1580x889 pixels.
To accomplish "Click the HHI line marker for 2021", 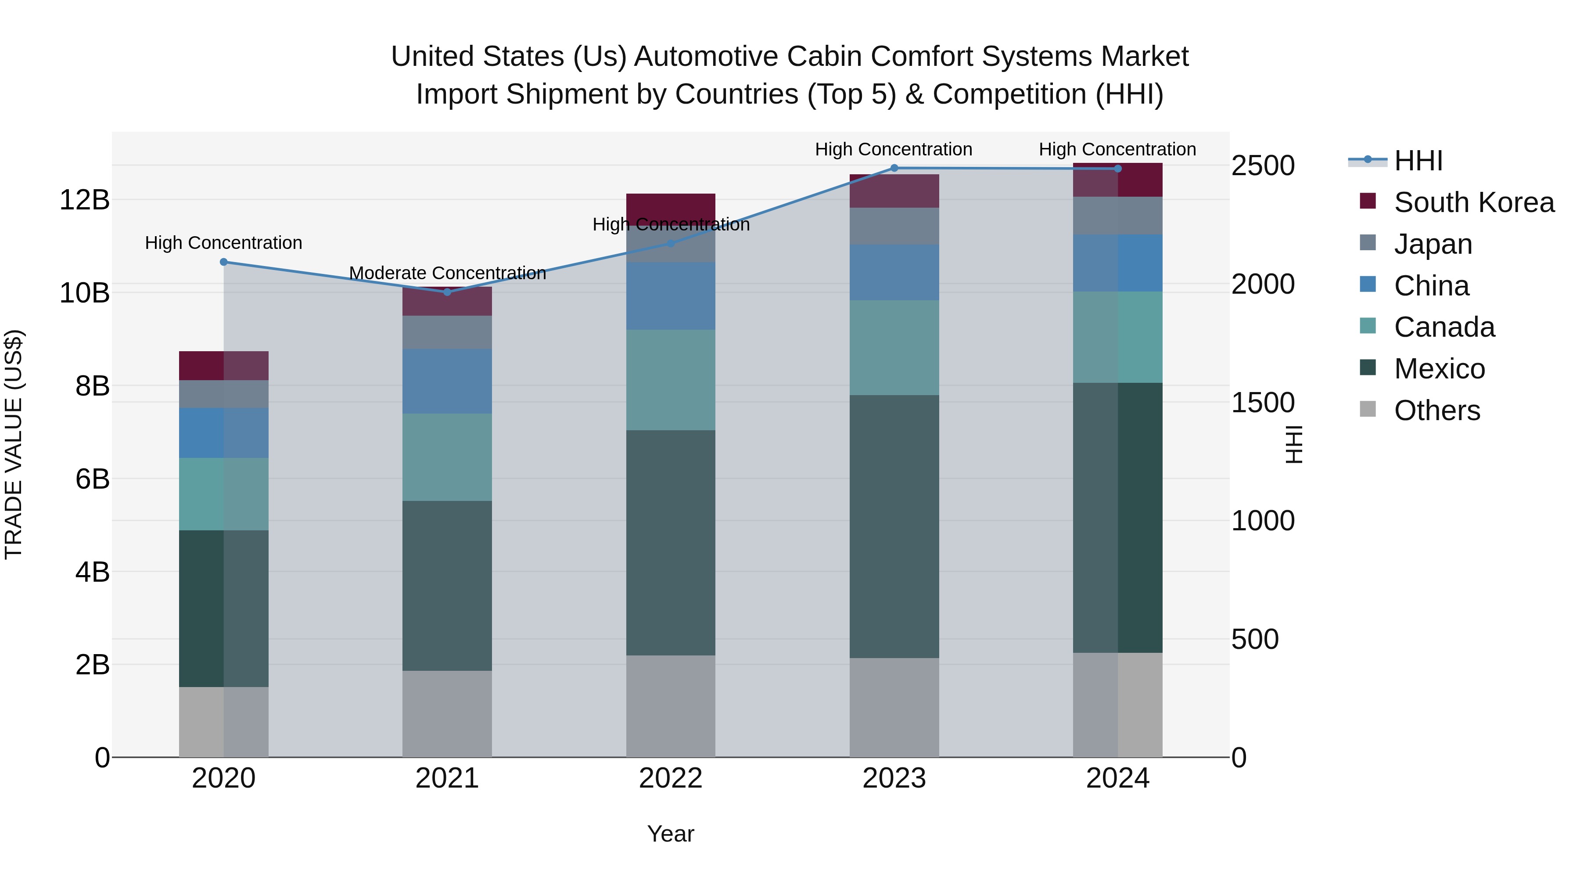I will (x=447, y=292).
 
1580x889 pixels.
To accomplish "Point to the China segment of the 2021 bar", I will (x=447, y=381).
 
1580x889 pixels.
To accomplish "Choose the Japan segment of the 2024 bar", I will (x=1117, y=216).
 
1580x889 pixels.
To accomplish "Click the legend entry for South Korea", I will (x=1474, y=202).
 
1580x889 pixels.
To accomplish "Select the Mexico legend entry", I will (x=1439, y=369).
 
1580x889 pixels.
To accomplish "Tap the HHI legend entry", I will (x=1418, y=161).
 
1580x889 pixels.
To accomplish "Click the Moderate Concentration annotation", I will (x=447, y=273).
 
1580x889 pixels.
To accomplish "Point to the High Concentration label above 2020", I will (x=223, y=243).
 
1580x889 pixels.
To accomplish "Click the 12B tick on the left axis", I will (x=85, y=200).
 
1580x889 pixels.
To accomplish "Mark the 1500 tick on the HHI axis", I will (x=1262, y=403).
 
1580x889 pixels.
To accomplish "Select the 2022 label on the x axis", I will (x=670, y=778).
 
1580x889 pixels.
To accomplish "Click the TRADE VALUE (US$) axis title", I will (x=14, y=444).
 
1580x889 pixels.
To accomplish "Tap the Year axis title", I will (x=670, y=834).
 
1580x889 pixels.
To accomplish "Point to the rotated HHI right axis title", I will (x=1293, y=444).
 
